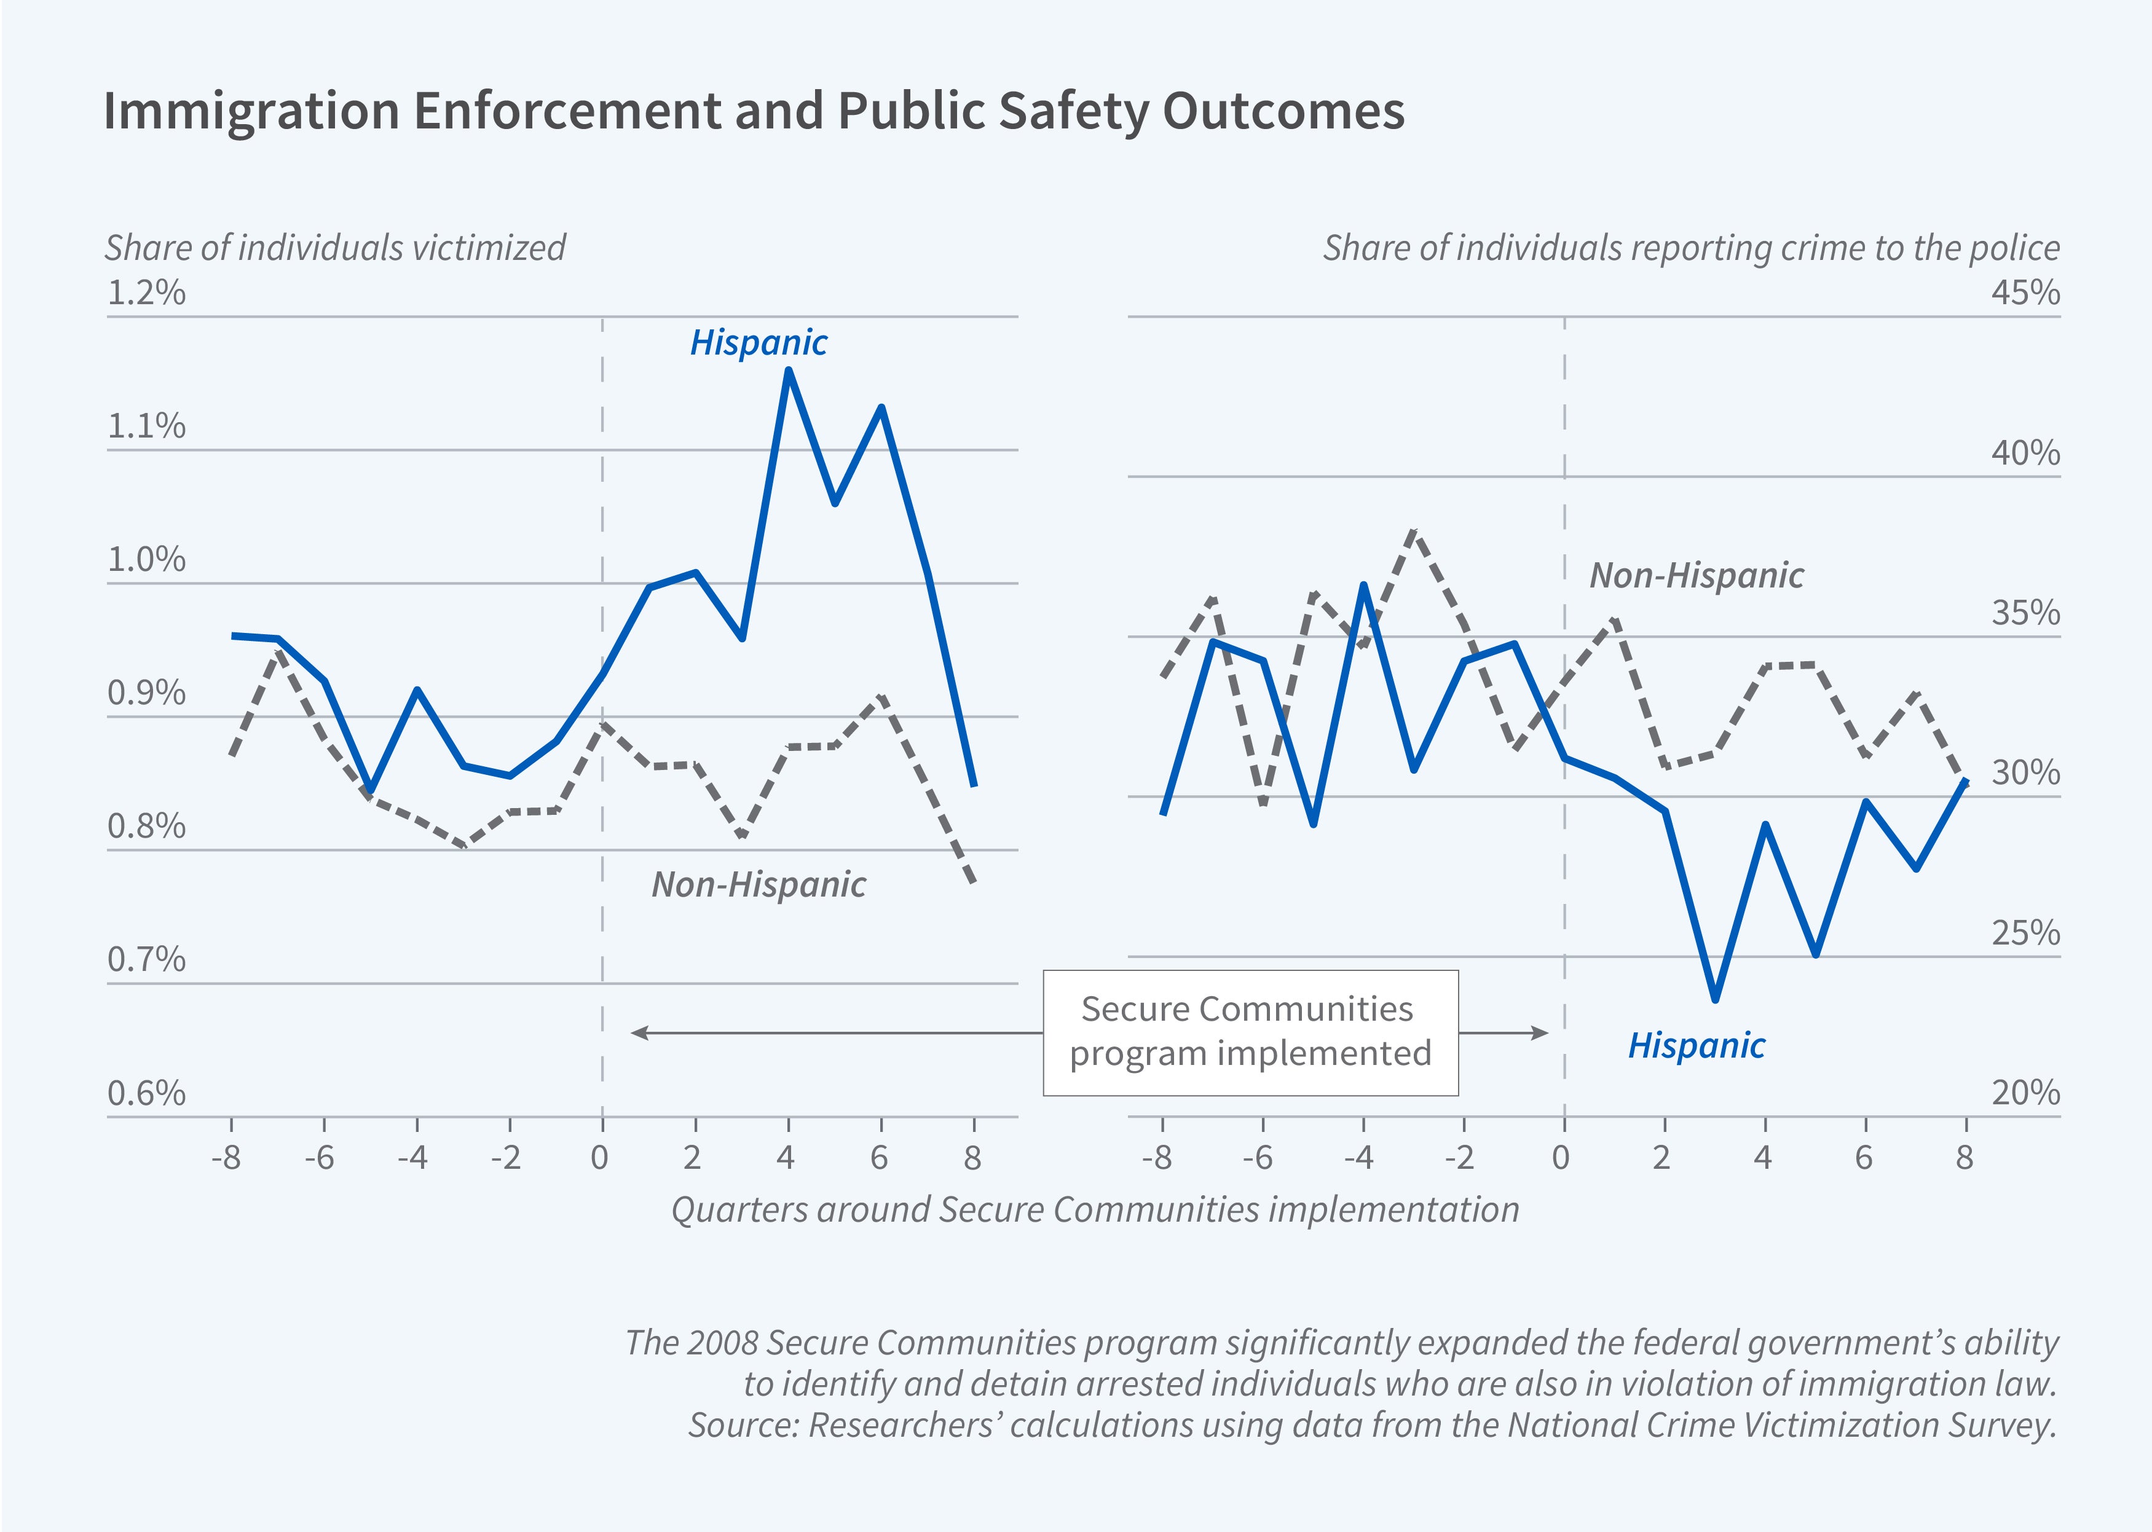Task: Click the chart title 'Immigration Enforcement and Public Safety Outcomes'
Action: (x=753, y=111)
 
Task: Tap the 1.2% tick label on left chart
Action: (x=146, y=293)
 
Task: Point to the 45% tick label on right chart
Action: (x=2025, y=293)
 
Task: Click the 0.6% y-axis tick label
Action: (x=146, y=1093)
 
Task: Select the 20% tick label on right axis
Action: (x=2025, y=1093)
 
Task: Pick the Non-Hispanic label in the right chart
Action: (x=1695, y=575)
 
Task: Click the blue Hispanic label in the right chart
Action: (x=1695, y=1045)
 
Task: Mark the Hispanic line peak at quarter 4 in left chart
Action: (x=789, y=371)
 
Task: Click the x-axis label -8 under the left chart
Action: (x=226, y=1158)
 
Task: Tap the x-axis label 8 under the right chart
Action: (x=1965, y=1158)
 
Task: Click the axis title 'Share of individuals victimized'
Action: (x=335, y=248)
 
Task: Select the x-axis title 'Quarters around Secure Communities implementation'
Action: (x=1094, y=1209)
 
